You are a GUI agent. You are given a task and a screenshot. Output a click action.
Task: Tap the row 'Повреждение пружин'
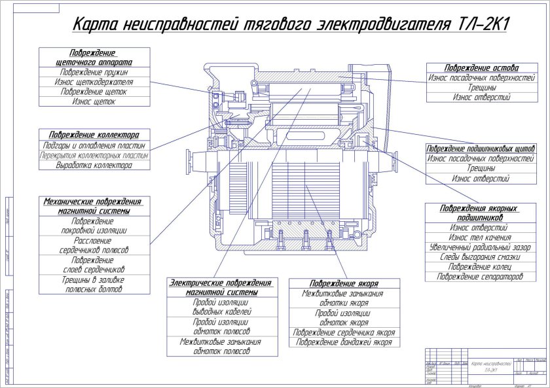point(93,72)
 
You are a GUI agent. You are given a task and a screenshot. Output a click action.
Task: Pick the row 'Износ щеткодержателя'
point(93,82)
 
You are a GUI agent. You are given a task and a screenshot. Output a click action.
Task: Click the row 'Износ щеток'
point(93,103)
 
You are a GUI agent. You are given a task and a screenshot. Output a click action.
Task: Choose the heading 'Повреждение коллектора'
point(93,133)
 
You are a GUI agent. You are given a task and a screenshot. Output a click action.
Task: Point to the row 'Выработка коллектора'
point(93,166)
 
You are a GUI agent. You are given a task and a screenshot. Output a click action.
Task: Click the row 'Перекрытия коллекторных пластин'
point(93,156)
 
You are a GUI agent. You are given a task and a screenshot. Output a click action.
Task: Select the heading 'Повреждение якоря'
point(344,283)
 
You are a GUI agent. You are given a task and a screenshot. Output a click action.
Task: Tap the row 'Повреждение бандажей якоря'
point(344,342)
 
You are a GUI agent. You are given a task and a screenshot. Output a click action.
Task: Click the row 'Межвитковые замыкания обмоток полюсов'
point(220,346)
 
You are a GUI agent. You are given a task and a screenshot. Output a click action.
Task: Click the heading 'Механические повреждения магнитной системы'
point(93,207)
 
